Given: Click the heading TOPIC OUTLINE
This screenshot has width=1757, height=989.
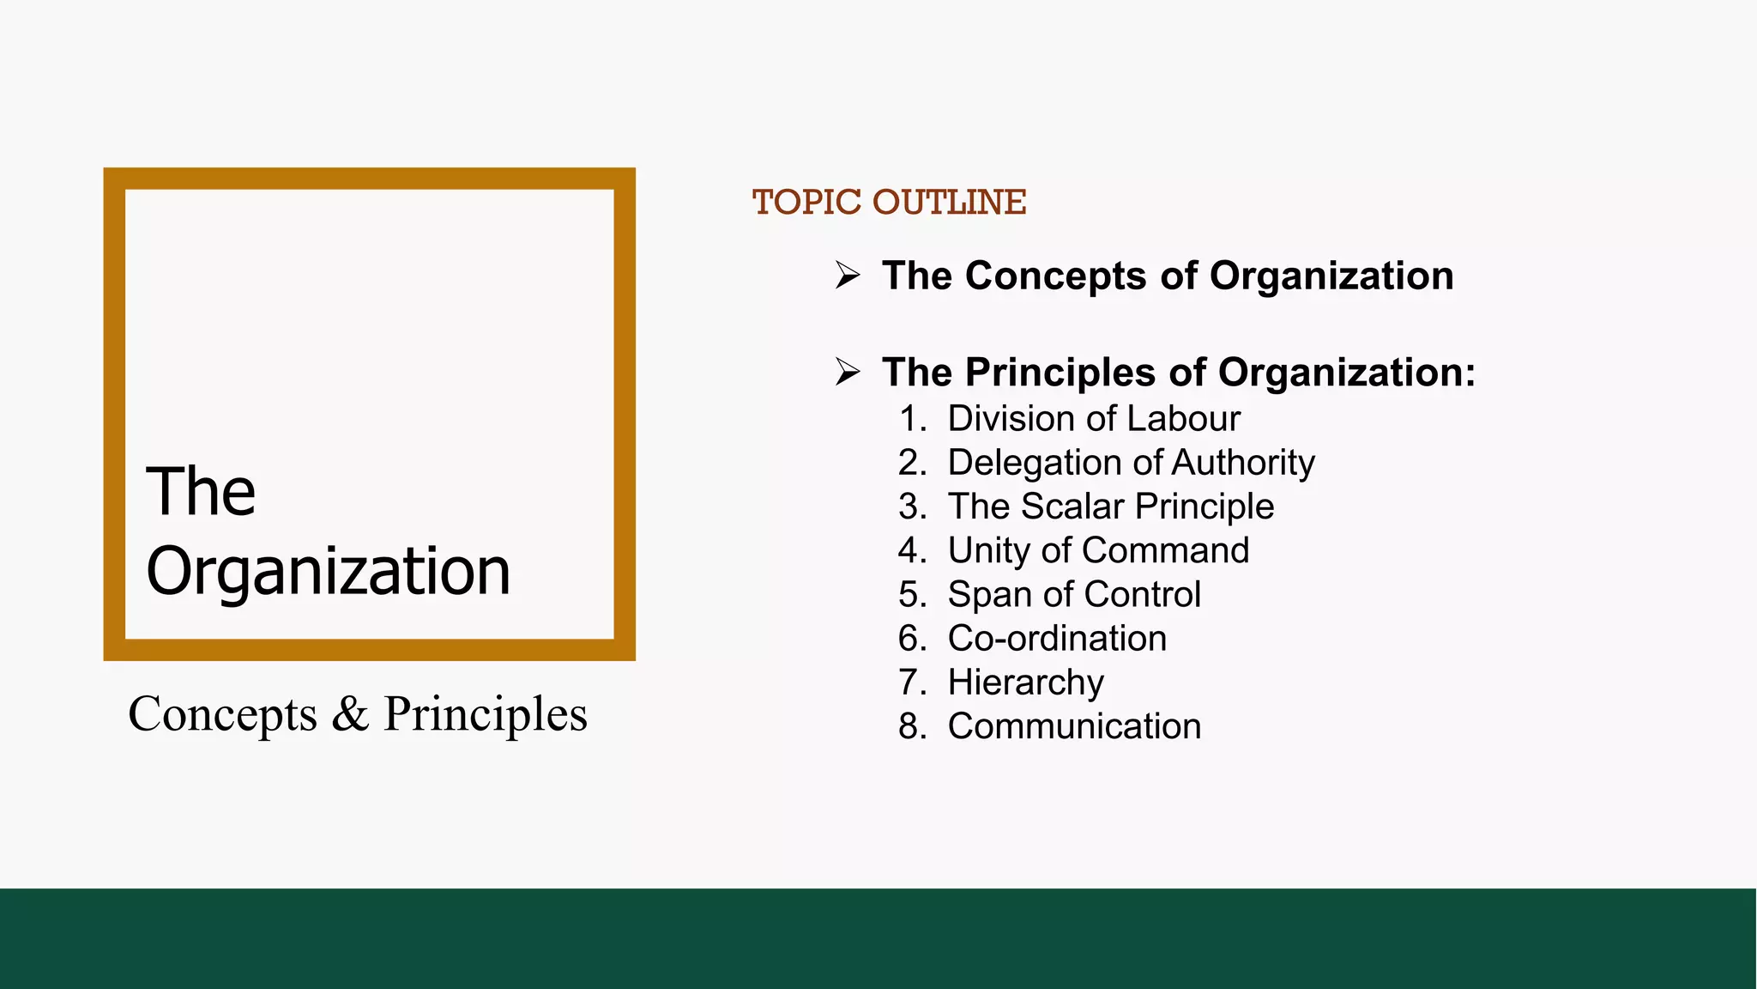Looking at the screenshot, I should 889,203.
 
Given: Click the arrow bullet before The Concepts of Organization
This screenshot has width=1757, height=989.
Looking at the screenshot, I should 848,276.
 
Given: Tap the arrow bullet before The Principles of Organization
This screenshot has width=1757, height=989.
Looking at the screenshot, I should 848,372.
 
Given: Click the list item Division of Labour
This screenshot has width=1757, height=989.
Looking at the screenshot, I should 1094,419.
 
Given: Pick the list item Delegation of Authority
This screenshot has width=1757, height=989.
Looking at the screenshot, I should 1131,463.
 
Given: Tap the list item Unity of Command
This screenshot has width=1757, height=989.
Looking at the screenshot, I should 1098,550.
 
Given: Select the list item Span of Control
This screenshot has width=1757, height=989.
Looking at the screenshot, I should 1074,594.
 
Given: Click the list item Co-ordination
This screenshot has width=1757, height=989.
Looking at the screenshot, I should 1057,639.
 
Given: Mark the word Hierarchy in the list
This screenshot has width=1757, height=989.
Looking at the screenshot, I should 1025,683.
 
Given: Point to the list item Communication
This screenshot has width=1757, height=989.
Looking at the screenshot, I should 1074,726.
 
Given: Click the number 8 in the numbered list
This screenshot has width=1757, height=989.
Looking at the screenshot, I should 909,726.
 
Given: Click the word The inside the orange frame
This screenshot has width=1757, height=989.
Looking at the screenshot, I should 201,491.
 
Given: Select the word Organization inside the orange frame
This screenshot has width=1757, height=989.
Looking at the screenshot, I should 328,572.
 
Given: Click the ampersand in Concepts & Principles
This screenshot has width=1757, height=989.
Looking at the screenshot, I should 350,713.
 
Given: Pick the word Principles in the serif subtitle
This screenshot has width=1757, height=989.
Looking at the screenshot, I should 486,714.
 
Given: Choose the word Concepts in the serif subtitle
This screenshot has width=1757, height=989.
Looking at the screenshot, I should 222,714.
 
